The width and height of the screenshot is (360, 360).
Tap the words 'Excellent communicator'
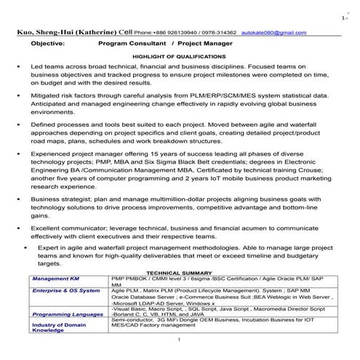68,228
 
